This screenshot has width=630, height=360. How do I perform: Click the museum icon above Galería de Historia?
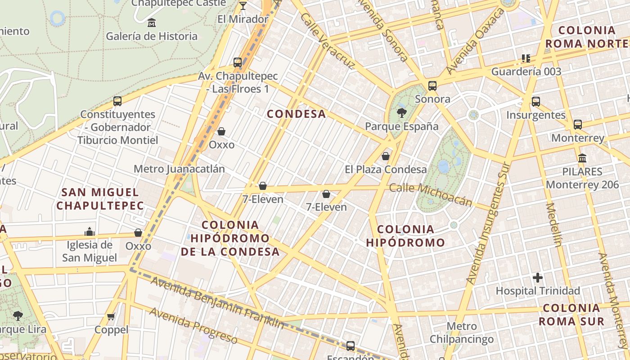pyautogui.click(x=152, y=22)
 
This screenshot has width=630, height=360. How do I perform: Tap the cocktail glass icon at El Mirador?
pyautogui.click(x=243, y=5)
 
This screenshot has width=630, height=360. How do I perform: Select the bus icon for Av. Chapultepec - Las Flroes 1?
pyautogui.click(x=238, y=63)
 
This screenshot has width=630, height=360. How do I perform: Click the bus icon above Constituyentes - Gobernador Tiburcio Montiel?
pyautogui.click(x=117, y=101)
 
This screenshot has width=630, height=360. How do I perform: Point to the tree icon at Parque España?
pyautogui.click(x=401, y=113)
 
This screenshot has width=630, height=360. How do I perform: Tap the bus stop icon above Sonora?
pyautogui.click(x=432, y=85)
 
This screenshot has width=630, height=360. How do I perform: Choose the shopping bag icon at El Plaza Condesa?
pyautogui.click(x=386, y=156)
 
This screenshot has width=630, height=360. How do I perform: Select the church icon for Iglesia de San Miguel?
pyautogui.click(x=90, y=232)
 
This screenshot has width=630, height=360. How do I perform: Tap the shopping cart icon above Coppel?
pyautogui.click(x=111, y=316)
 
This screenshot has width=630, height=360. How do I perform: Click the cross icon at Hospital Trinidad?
pyautogui.click(x=537, y=278)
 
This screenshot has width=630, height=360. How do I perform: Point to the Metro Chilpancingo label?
pyautogui.click(x=462, y=333)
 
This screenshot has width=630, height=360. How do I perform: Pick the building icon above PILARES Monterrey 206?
pyautogui.click(x=582, y=158)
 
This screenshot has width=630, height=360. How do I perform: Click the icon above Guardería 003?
pyautogui.click(x=526, y=58)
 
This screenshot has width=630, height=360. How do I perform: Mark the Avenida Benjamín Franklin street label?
pyautogui.click(x=217, y=303)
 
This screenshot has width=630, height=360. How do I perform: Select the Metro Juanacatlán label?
pyautogui.click(x=179, y=169)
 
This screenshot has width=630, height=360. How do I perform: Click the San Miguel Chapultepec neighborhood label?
pyautogui.click(x=100, y=199)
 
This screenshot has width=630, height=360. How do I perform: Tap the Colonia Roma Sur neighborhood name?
pyautogui.click(x=571, y=315)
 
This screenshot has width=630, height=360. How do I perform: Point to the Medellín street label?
pyautogui.click(x=553, y=225)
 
